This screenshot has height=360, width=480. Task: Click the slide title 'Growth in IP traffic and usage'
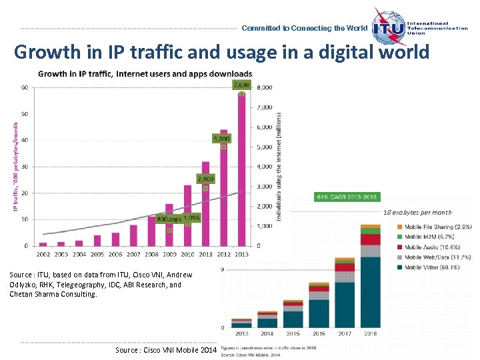click(221, 52)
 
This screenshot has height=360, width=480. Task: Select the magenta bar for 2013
click(241, 169)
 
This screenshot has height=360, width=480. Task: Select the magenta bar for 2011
click(205, 203)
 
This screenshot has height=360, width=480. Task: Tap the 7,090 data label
click(241, 85)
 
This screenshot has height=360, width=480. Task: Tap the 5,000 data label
click(221, 138)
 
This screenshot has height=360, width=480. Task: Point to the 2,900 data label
click(205, 179)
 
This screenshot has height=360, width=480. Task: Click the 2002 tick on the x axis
click(43, 254)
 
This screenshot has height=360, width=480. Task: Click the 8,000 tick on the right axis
click(265, 87)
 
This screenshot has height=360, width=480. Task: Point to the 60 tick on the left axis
click(24, 87)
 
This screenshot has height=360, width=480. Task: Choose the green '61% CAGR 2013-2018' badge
click(347, 197)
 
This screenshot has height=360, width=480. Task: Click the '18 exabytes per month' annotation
click(417, 213)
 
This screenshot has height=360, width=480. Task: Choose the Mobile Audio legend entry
click(440, 247)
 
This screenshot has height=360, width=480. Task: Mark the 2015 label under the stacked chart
click(293, 334)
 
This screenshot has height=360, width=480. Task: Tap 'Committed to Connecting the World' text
click(304, 29)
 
